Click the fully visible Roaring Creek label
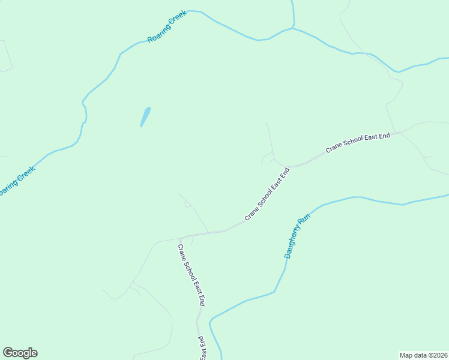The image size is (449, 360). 167,26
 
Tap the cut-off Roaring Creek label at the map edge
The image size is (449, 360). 16,181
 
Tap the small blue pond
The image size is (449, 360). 145,116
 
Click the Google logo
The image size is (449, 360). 20,353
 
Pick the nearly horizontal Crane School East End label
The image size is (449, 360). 358,142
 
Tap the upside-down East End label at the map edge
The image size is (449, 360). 203,347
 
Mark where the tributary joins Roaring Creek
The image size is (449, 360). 294,27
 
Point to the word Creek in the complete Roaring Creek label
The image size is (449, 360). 178,19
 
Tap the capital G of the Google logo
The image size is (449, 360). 8,353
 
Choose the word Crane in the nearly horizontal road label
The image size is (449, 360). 334,148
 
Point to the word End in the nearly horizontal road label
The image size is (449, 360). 385,136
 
